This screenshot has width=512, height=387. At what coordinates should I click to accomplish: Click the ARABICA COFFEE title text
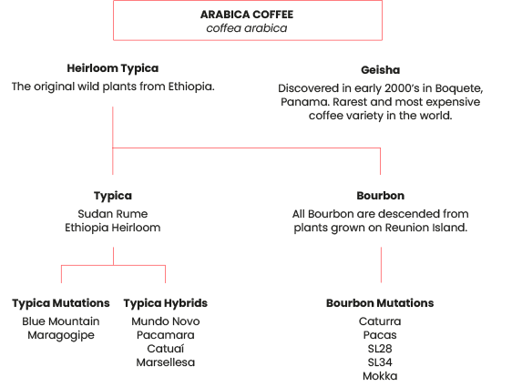247,15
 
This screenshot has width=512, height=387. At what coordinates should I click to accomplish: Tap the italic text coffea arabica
247,28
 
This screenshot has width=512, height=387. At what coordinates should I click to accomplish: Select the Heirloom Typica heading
113,68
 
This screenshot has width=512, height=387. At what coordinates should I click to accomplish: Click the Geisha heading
381,70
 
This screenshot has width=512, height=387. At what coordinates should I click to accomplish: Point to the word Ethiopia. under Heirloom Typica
191,87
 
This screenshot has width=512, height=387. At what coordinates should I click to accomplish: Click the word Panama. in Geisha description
305,102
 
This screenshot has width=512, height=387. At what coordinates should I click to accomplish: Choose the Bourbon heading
381,196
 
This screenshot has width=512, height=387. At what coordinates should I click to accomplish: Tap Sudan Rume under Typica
113,214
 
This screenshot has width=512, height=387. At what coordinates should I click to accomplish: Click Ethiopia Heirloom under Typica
113,228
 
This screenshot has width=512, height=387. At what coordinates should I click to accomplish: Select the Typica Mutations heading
61,303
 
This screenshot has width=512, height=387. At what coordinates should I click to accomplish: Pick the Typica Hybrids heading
166,303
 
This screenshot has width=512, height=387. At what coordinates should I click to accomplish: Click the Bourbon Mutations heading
380,303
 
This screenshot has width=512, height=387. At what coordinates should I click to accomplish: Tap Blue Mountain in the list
61,321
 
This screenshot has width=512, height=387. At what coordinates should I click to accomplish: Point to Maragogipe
61,335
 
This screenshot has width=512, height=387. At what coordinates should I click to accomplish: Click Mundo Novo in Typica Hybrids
166,321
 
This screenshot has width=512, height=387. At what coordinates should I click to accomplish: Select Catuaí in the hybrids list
166,349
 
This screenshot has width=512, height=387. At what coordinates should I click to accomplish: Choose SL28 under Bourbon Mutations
380,349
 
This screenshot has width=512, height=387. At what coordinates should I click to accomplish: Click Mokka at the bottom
380,376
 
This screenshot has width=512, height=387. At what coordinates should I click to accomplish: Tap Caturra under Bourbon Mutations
380,321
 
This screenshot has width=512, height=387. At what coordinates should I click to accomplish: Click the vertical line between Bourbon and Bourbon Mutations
381,265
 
